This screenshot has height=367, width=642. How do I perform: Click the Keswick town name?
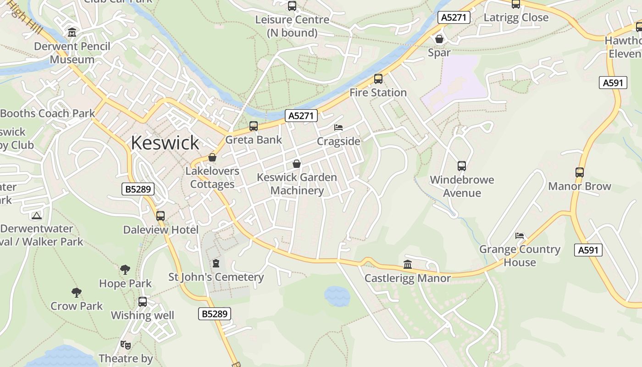coord(165,143)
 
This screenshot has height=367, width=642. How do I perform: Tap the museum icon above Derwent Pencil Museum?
coord(72,33)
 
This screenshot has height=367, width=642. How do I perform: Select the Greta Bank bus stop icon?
coord(254,126)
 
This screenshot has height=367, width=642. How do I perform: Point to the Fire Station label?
coord(378,93)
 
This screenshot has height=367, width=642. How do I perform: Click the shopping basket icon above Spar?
coord(439,39)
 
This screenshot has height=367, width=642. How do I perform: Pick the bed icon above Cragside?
coord(338,128)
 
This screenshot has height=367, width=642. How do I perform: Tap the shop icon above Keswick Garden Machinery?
coord(297,164)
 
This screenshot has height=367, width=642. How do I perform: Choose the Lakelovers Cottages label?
coord(212,178)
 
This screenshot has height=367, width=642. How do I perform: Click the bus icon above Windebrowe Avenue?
coord(462,166)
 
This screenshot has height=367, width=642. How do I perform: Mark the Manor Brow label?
coord(580,186)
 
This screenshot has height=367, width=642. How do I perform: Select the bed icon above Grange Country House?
coord(520,236)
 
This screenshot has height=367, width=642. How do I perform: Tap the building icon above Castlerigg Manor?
coord(407,264)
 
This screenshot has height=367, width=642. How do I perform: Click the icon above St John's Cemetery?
coord(216,263)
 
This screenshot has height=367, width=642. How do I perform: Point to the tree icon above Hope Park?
coord(125,270)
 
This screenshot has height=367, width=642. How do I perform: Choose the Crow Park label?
coord(77,306)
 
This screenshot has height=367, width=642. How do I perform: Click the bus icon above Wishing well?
coord(143,302)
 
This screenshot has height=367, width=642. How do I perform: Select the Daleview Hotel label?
coord(160,230)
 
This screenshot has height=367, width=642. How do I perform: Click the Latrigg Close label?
coord(516,18)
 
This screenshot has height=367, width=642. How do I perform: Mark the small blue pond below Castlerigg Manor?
coord(337,296)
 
